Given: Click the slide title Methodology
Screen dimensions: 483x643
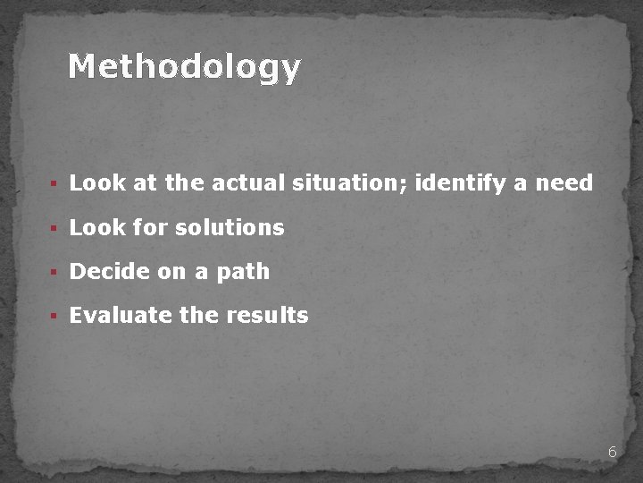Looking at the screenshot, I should pyautogui.click(x=185, y=67).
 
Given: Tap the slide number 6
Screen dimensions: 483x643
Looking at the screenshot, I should pyautogui.click(x=612, y=453).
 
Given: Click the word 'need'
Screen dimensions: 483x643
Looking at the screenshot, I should pyautogui.click(x=564, y=183).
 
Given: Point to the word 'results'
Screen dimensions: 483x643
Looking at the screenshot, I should pyautogui.click(x=267, y=316).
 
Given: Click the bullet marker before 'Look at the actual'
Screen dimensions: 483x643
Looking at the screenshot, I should pyautogui.click(x=54, y=184).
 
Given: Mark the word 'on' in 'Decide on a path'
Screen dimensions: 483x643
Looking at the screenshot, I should pyautogui.click(x=171, y=272).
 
